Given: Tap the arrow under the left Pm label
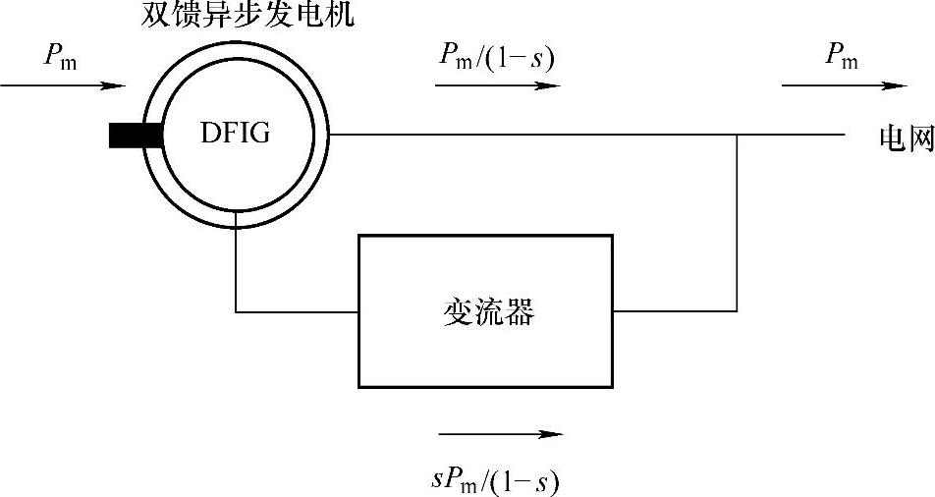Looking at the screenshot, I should (x=63, y=86).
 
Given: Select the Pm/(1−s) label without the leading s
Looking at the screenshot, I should (x=497, y=58).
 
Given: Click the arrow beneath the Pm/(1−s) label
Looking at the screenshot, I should (x=497, y=85).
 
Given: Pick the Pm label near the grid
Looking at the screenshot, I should (x=842, y=58).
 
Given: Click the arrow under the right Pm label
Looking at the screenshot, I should (x=844, y=85).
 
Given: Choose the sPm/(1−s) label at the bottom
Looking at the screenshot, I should (x=500, y=481).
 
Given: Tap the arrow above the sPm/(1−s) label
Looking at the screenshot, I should (x=501, y=432).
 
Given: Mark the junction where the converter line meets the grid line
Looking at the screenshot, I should (x=737, y=135).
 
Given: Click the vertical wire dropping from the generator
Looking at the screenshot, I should (x=237, y=270).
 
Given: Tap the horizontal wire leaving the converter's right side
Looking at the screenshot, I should (x=674, y=311).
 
